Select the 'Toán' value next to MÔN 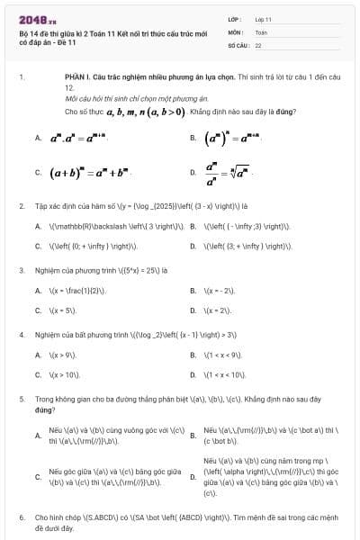pos(261,31)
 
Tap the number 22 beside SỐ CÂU pos(258,44)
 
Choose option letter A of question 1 pos(38,138)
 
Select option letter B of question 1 pos(193,138)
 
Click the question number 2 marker pos(22,206)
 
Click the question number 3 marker pos(22,269)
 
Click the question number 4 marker pos(22,334)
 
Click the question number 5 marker pos(22,397)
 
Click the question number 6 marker pos(22,518)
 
